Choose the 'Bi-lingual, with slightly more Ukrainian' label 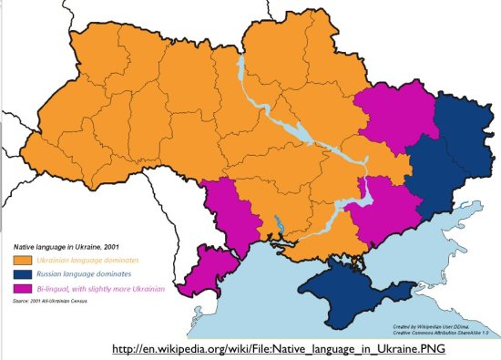coord(101,289)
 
